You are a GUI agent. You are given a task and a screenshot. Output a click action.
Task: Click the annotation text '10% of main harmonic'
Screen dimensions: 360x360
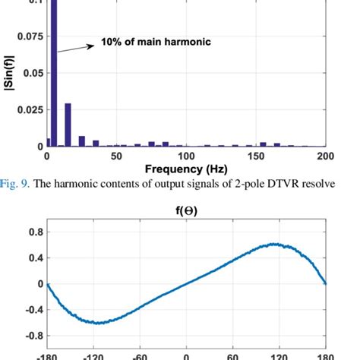click(156, 43)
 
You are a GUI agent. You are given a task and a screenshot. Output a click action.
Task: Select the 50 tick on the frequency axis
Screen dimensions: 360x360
click(117, 156)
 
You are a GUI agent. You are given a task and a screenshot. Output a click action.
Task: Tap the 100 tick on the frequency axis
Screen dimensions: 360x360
click(187, 156)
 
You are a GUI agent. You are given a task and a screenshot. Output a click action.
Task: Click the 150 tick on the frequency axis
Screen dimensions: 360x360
click(257, 156)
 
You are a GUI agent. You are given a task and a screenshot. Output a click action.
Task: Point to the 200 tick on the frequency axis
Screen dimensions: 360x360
click(326, 156)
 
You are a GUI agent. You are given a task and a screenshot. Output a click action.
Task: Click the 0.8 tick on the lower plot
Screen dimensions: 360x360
click(31, 232)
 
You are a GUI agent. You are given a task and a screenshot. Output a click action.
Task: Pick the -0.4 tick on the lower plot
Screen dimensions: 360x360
click(29, 310)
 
